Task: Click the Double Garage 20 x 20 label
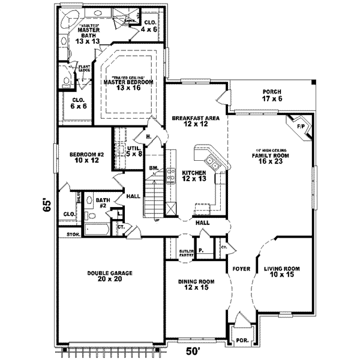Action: (x=109, y=276)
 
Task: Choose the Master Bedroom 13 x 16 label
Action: (x=133, y=84)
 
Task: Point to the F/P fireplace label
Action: (x=299, y=127)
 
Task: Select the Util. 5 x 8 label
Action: (x=134, y=151)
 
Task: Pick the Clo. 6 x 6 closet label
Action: (x=79, y=103)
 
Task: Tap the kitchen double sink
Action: (x=211, y=161)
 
